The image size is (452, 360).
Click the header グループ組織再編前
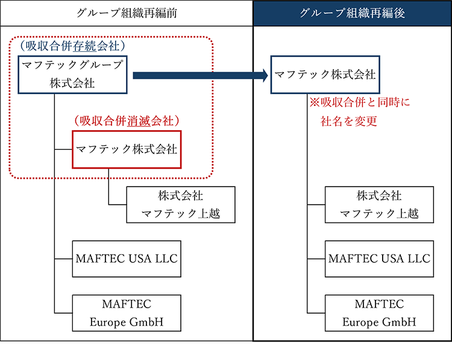[x=125, y=13]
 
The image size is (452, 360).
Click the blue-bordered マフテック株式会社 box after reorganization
[x=325, y=75]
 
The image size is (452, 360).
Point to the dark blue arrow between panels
[x=199, y=75]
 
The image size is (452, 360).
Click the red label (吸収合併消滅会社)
[x=127, y=120]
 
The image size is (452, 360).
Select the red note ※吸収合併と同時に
[x=359, y=103]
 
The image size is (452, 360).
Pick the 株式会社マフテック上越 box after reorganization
[x=379, y=205]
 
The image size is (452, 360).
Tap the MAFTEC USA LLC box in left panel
[x=126, y=258]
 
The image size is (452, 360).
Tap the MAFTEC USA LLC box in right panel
[x=379, y=258]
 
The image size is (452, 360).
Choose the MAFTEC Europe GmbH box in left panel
[x=126, y=312]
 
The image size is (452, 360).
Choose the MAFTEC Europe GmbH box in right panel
[x=379, y=312]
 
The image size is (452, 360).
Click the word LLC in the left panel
[x=165, y=258]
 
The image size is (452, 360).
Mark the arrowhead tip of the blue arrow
[x=267, y=75]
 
